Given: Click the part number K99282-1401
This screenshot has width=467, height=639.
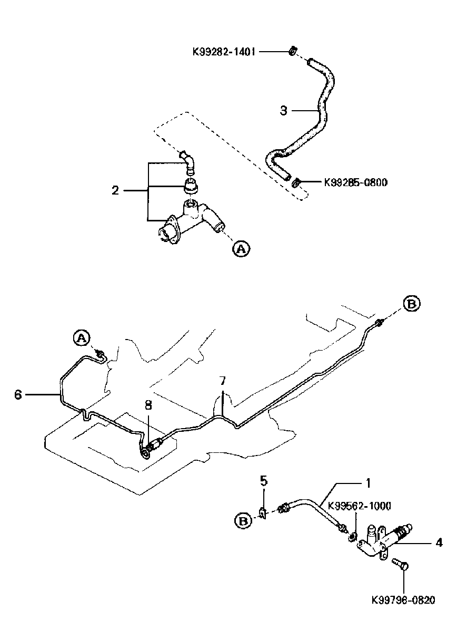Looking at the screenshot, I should point(223,52).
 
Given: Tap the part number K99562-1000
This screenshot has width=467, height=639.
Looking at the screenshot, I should point(360,506).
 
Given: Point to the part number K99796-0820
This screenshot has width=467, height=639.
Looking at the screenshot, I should point(403,600).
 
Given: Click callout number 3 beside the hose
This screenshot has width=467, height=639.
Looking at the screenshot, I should point(284,110).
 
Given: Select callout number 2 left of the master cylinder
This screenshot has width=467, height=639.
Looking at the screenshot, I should point(115,190).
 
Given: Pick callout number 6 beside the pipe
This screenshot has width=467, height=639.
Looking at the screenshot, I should point(18,394).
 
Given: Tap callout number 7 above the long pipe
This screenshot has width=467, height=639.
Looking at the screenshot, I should point(223,381).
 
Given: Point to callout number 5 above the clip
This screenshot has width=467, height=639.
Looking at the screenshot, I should point(264,480).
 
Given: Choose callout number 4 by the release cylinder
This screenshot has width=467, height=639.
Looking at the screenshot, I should point(439,542).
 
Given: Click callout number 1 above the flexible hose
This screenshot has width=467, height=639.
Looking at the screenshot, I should point(369,482).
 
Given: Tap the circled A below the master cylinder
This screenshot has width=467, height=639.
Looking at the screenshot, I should point(241,249).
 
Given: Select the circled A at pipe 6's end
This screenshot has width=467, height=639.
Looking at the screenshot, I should point(80,338).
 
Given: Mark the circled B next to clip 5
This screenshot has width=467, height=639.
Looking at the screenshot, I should point(242,521).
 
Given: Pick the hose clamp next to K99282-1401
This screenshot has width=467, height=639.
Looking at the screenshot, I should point(292,51).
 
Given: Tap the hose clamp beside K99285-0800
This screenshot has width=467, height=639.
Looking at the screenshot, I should point(297,182).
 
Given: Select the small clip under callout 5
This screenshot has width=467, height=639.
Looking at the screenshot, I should point(263,511).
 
